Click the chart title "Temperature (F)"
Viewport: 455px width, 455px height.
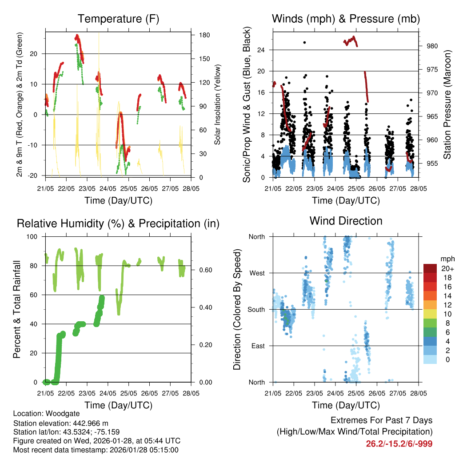click(118, 19)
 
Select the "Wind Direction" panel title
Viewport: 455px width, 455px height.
click(346, 221)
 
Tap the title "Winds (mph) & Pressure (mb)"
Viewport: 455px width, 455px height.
click(346, 19)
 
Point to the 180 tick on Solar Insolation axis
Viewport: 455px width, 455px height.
click(199, 35)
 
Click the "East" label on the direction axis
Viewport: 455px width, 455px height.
click(257, 346)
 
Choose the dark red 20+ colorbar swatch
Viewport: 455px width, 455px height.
click(430, 268)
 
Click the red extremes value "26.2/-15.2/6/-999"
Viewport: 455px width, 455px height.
click(399, 444)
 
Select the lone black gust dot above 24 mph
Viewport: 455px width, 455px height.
click(304, 43)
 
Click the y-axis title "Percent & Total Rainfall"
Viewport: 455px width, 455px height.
click(16, 309)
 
